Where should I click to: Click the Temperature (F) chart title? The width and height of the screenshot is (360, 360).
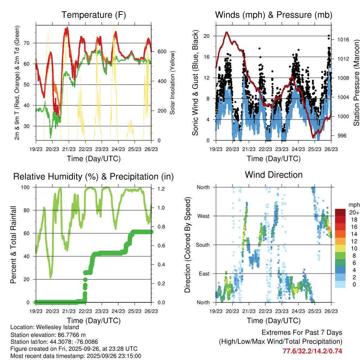pos(93,15)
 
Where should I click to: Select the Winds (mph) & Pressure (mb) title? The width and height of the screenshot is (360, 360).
pos(274,15)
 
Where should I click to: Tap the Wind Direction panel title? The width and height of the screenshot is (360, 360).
pos(274,174)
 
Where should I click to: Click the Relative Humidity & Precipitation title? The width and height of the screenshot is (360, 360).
pos(93,176)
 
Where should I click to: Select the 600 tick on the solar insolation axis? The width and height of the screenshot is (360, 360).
pos(161,52)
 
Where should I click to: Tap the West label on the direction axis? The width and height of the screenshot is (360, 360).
pos(203,216)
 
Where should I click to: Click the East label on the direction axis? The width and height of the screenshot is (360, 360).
pos(204,274)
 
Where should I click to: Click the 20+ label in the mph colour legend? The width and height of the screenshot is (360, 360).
pos(354,213)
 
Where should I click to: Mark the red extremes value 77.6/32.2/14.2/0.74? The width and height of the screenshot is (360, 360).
pos(313,351)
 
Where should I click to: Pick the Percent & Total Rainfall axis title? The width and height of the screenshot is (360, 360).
pos(13,245)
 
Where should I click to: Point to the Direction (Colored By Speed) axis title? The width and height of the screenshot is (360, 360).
pos(188,245)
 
